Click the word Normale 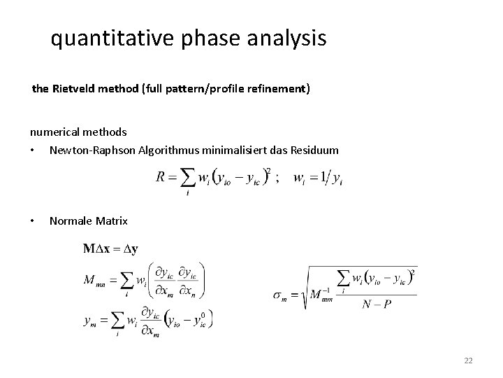click(71, 220)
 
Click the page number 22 click(468, 360)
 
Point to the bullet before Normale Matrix click(33, 221)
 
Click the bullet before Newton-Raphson click(33, 150)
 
